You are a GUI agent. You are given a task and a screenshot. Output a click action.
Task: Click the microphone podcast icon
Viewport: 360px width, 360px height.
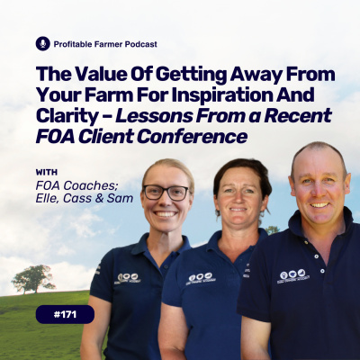[42, 44]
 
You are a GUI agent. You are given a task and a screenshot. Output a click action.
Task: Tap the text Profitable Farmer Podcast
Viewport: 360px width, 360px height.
[105, 44]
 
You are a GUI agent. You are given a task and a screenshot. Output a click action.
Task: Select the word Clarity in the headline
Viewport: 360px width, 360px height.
[67, 116]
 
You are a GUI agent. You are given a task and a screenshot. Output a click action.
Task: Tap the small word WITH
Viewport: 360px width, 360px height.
[47, 173]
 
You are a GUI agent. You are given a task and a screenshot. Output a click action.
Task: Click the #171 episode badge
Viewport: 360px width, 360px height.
[65, 314]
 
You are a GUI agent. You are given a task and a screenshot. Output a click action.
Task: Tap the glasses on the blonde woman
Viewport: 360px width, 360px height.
[166, 193]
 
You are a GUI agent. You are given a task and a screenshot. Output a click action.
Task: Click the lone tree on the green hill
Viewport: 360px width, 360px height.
[33, 279]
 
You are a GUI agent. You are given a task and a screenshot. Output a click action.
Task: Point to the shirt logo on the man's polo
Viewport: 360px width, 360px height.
[293, 275]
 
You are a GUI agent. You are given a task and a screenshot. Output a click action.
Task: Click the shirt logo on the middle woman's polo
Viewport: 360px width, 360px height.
[201, 279]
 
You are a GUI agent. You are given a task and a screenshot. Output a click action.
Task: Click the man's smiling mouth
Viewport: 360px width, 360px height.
[319, 205]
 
